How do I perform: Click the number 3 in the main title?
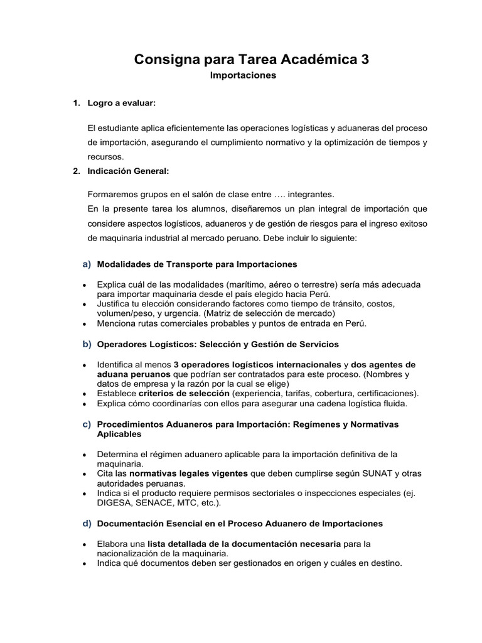(365, 60)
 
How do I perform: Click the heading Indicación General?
(129, 171)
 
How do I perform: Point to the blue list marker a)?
(87, 264)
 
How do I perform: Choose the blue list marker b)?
(87, 344)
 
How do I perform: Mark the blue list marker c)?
(87, 424)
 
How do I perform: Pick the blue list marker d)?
(87, 523)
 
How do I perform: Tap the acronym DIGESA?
(114, 503)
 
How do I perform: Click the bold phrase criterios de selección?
(183, 394)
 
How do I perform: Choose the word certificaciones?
(383, 394)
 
